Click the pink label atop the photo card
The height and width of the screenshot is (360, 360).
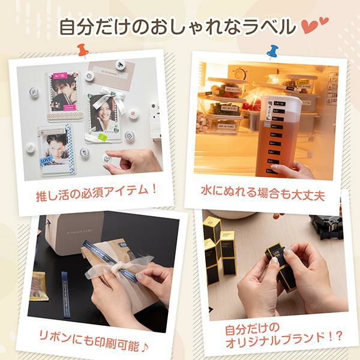(x=62, y=77)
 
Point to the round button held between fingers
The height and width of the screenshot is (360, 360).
(x=106, y=158)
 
